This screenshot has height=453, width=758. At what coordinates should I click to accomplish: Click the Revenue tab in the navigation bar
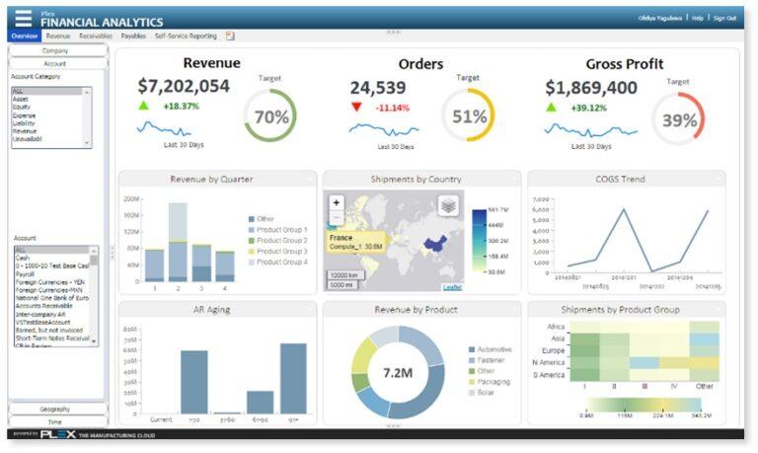click(x=58, y=36)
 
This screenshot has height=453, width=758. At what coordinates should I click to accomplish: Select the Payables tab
click(x=133, y=36)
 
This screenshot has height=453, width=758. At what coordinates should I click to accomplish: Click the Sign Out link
click(x=724, y=18)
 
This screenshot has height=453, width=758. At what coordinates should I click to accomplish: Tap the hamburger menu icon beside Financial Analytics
click(x=22, y=18)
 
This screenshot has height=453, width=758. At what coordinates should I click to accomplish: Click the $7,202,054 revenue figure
click(x=184, y=87)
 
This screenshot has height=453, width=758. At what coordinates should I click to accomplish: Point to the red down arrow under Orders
click(x=356, y=107)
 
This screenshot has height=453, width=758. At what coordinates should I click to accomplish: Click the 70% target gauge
click(x=270, y=116)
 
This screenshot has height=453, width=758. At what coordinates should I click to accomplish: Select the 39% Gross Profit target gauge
click(x=678, y=119)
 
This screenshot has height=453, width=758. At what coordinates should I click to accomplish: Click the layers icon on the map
click(x=448, y=204)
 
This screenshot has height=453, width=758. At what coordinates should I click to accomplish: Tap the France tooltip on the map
click(x=355, y=243)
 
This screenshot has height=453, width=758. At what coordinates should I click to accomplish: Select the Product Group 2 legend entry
click(x=278, y=240)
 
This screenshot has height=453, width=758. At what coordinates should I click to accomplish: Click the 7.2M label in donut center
click(x=404, y=373)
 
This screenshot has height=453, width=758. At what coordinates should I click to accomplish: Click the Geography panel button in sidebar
click(x=55, y=409)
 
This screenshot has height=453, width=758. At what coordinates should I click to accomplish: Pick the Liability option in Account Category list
click(x=24, y=121)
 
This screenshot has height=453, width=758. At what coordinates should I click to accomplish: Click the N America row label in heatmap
click(x=549, y=361)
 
